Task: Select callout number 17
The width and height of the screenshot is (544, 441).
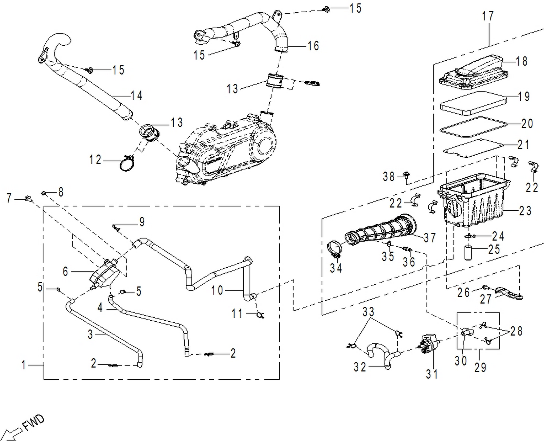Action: [x=488, y=16]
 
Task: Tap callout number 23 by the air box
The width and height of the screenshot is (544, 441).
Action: [x=525, y=211]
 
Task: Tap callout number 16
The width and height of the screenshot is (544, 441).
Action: [x=313, y=46]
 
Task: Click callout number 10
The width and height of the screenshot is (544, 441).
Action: [x=217, y=290]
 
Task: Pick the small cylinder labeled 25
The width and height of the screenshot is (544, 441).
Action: [x=468, y=252]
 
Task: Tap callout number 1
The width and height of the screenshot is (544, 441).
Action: [x=24, y=364]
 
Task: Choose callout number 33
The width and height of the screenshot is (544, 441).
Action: [x=368, y=312]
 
